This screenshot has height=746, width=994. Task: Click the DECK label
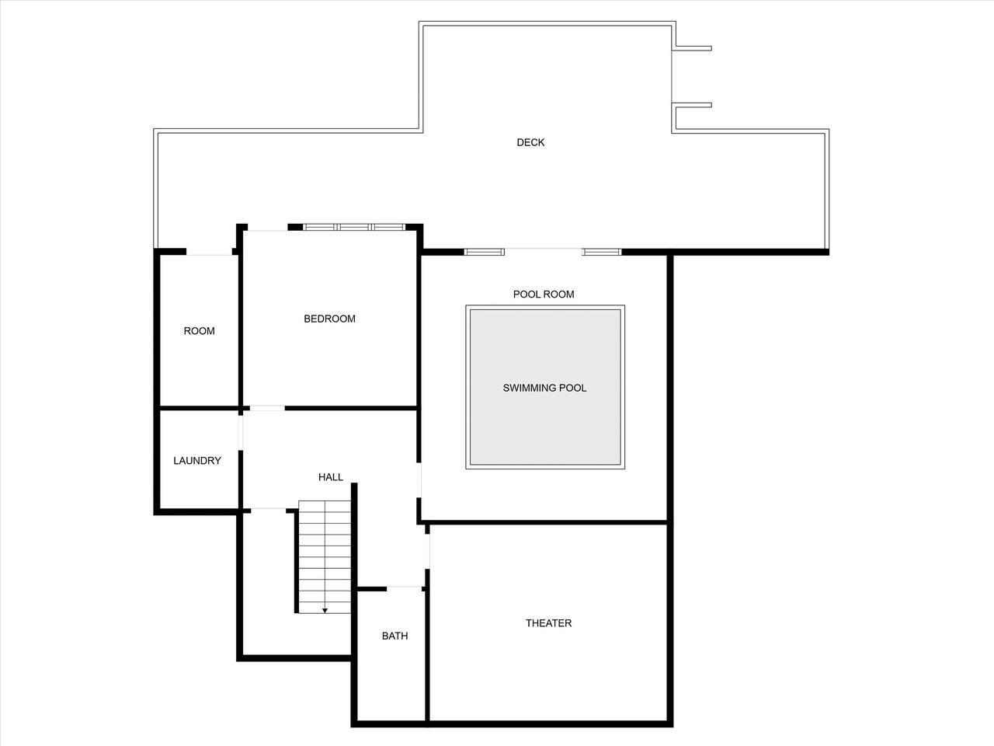(x=530, y=142)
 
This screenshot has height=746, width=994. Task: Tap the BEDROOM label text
(x=329, y=319)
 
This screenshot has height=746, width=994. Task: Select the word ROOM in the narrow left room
(x=199, y=331)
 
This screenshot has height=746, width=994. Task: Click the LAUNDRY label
(x=197, y=461)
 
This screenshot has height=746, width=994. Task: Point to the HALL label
(x=331, y=477)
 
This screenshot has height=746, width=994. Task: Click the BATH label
(x=395, y=636)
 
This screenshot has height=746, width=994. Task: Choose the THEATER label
(x=548, y=623)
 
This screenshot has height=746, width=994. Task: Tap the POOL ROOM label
(x=544, y=295)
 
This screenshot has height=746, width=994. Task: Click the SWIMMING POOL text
(x=544, y=389)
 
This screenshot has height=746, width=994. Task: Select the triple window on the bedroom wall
(x=354, y=227)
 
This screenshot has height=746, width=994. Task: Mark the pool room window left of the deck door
(x=484, y=252)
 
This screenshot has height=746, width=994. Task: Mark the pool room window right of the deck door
(x=602, y=252)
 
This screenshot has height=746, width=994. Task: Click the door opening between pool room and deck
(x=544, y=252)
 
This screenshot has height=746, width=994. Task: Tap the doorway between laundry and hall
(x=241, y=433)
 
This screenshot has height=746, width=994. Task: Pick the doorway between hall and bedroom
(x=267, y=408)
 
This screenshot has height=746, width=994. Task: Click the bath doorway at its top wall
(x=405, y=589)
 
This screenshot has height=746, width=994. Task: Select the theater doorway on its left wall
(x=427, y=551)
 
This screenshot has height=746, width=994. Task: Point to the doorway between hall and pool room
(x=419, y=479)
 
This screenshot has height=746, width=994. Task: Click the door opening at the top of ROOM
(x=209, y=252)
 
